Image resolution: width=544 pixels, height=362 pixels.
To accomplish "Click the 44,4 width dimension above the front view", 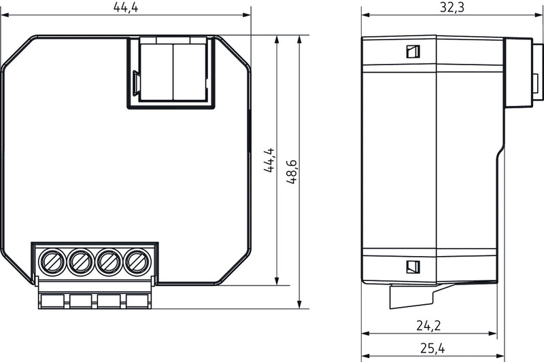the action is tap(126, 7).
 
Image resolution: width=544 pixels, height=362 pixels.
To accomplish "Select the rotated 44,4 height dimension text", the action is tap(269, 160).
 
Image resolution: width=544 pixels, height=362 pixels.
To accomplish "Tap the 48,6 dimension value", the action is tap(292, 171).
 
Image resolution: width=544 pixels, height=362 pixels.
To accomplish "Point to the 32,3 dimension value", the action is tap(452, 7).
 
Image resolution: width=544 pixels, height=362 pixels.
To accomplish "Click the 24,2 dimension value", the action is tap(428, 325).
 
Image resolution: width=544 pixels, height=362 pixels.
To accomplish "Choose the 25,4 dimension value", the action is tap(432, 348).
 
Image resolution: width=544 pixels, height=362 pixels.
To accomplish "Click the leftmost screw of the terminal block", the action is tap(52, 262).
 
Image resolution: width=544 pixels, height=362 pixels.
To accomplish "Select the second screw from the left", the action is tap(81, 262).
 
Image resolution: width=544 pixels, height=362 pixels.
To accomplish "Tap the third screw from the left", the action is tap(109, 262).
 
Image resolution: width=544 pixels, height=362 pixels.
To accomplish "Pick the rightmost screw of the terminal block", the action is tap(138, 262).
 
